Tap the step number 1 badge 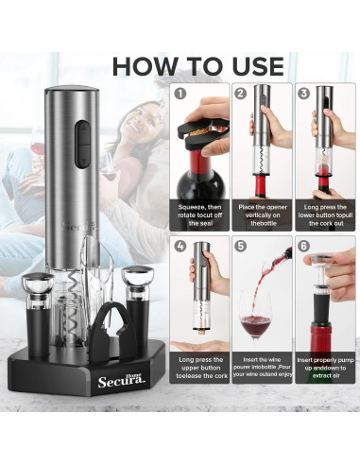[x=180, y=94]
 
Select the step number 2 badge [x=240, y=94]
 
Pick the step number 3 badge [x=302, y=94]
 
